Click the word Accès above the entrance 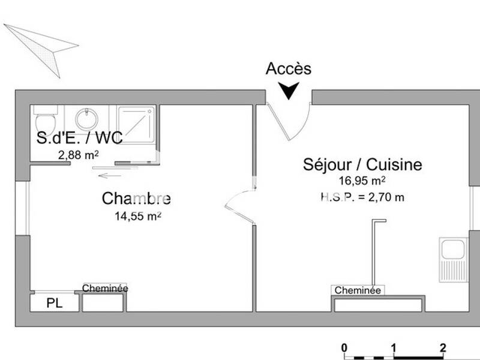point(289,68)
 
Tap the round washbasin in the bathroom point(88,118)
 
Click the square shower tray point(136,124)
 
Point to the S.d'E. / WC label point(79,139)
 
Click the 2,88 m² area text point(78,155)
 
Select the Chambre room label point(136,199)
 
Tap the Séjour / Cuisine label point(362,164)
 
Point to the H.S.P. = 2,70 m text point(362,196)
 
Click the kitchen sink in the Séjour point(453,259)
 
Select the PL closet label point(55,304)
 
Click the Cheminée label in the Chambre point(105,288)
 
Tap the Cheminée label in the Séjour point(358,290)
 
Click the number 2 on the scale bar point(443,347)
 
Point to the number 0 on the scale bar point(344,347)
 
